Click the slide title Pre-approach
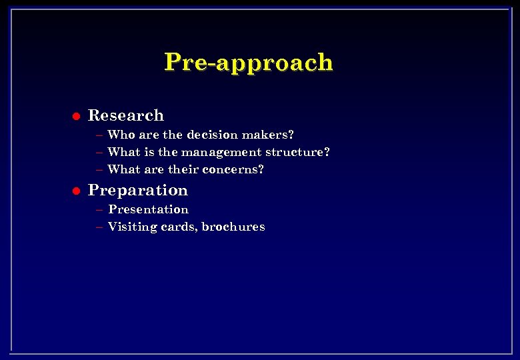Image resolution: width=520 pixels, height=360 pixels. (248, 62)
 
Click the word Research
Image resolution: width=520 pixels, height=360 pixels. (126, 115)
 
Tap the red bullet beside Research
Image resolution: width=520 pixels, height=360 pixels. (76, 116)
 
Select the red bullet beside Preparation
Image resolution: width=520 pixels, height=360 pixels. (76, 191)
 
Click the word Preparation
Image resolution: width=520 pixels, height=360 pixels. (138, 191)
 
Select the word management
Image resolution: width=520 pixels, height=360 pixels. (227, 152)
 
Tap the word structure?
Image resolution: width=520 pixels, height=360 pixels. (298, 152)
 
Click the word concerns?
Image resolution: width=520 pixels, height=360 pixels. (233, 169)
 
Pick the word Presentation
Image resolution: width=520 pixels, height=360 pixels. (149, 209)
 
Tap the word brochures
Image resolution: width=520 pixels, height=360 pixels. (233, 227)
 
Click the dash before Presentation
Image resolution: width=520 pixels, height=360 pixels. (99, 210)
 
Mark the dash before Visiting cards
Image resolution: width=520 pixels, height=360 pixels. (99, 227)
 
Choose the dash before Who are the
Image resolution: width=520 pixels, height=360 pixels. (99, 135)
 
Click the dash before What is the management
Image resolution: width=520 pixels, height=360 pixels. (99, 153)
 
